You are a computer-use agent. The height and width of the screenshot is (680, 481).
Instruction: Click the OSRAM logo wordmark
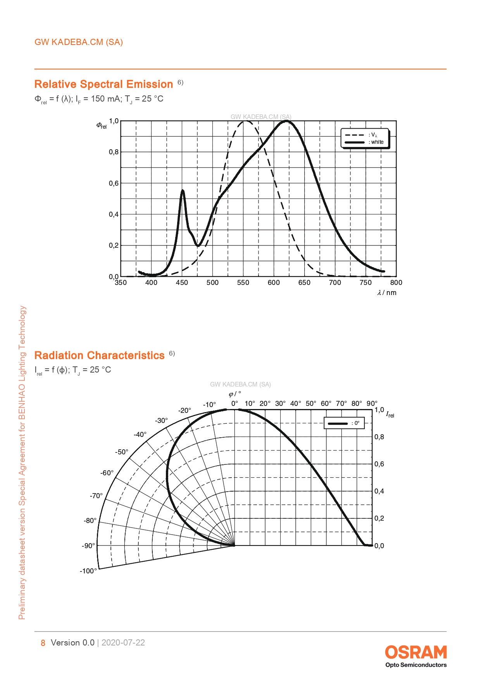[x=415, y=652]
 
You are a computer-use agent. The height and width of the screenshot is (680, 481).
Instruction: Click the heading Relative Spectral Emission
[x=103, y=84]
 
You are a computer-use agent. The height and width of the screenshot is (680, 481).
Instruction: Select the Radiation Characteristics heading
[x=99, y=355]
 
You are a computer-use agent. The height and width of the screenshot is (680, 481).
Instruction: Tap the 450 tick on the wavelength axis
[x=182, y=283]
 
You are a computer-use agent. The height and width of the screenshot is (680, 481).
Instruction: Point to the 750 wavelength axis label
[x=365, y=283]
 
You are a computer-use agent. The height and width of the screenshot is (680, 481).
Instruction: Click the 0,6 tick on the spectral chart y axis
[x=114, y=183]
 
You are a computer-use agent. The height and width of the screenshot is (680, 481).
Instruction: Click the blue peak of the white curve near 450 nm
[x=183, y=190]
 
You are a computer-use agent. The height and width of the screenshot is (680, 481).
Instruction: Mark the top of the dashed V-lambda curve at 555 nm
[x=245, y=121]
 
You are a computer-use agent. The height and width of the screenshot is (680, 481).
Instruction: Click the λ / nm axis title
[x=387, y=293]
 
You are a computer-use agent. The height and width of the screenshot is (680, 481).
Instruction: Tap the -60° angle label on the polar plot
[x=107, y=473]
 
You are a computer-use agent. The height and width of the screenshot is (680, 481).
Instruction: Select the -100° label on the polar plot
[x=88, y=571]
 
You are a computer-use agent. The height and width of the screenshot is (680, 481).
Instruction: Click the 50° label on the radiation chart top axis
[x=311, y=404]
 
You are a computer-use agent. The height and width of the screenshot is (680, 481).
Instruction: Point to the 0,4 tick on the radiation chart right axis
[x=379, y=491]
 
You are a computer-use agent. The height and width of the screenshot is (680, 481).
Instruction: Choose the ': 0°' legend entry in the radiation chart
[x=355, y=423]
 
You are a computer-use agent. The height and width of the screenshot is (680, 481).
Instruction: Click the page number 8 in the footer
[x=43, y=643]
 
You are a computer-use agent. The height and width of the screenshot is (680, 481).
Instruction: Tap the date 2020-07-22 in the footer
[x=123, y=643]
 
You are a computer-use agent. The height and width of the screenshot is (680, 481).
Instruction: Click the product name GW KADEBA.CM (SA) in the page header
[x=79, y=42]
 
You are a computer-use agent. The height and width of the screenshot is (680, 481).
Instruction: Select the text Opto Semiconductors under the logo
[x=416, y=665]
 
